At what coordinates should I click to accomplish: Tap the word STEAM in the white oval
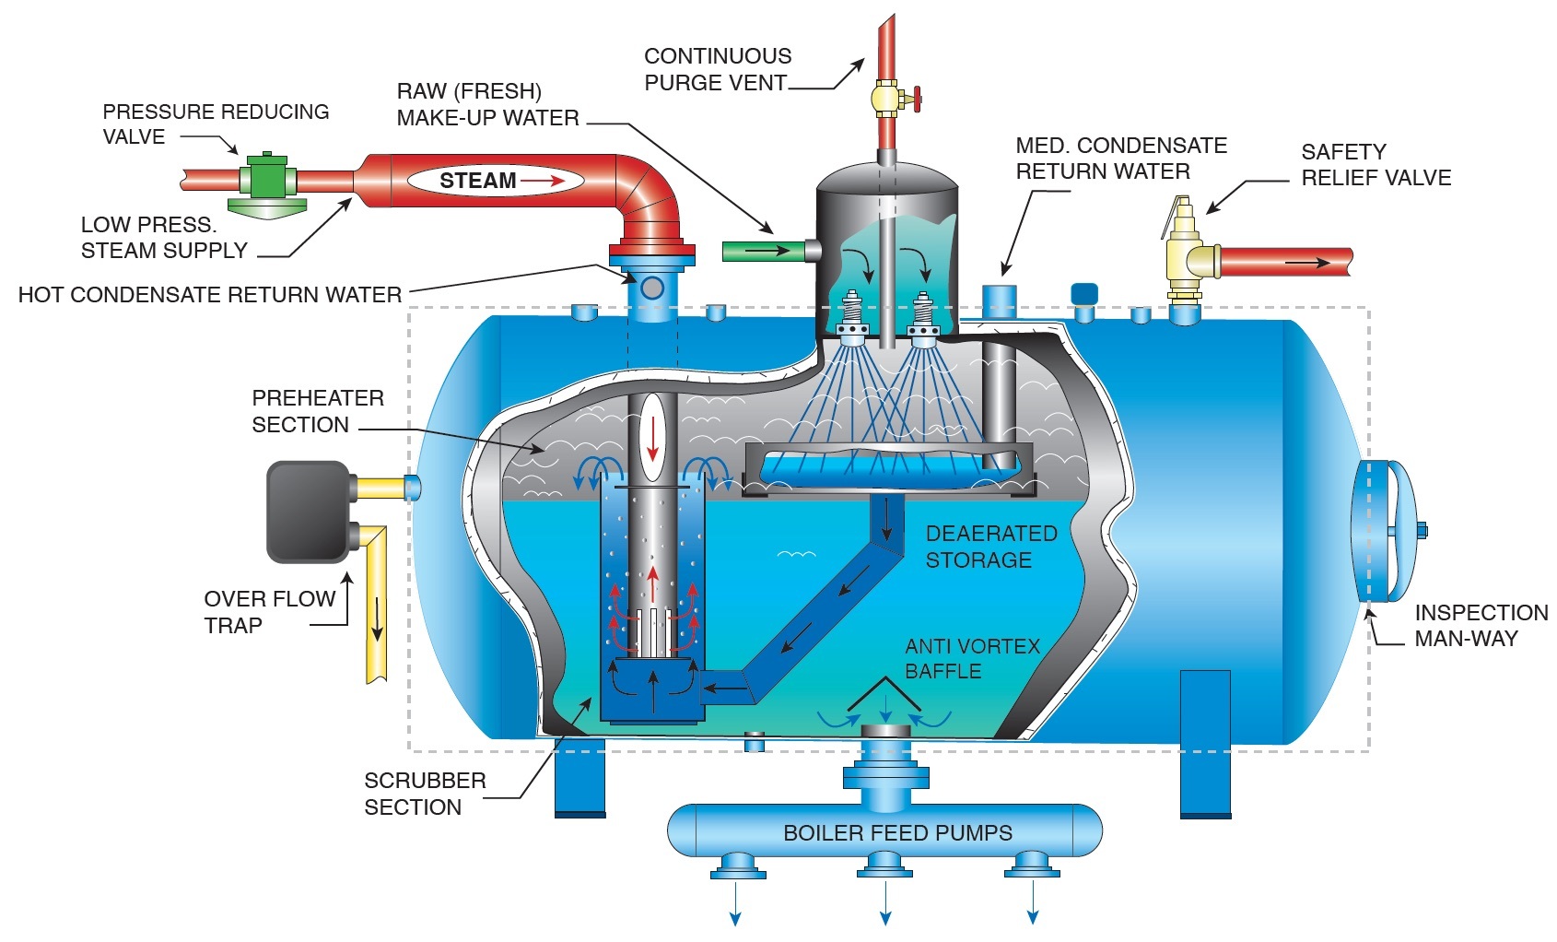(477, 181)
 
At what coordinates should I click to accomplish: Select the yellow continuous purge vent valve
(886, 97)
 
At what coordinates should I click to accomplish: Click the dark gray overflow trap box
(308, 512)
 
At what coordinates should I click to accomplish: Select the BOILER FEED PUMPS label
(897, 833)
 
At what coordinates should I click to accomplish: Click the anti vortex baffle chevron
(884, 693)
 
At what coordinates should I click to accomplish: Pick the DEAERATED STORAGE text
(990, 547)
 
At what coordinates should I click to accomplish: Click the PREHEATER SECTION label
(317, 411)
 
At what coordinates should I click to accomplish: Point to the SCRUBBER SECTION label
(425, 794)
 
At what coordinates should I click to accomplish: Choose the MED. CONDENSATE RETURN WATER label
(1120, 159)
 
